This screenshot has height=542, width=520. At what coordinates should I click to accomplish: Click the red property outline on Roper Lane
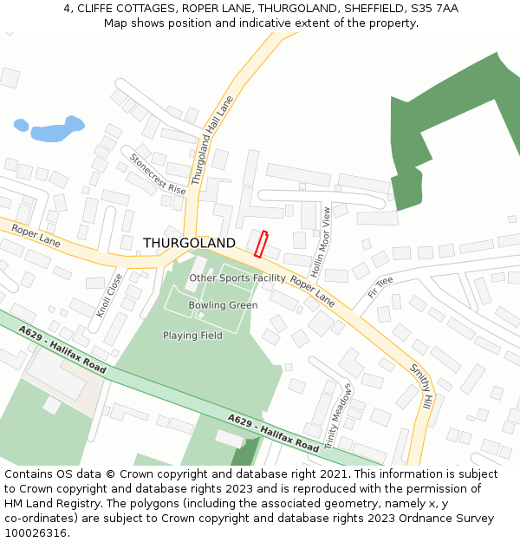tap(263, 244)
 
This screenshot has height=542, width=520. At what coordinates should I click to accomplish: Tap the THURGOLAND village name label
tap(189, 243)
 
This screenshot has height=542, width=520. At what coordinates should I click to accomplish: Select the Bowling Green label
tap(223, 305)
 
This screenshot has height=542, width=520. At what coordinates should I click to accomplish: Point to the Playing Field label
tap(192, 336)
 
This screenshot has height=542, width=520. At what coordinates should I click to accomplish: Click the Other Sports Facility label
tap(237, 278)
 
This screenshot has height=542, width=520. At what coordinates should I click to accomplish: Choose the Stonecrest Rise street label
tap(158, 173)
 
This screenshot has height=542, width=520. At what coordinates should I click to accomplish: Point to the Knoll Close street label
tap(110, 296)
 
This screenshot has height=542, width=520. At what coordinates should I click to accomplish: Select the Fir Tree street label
tap(380, 287)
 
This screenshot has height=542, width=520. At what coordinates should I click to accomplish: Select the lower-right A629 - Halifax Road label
tap(273, 432)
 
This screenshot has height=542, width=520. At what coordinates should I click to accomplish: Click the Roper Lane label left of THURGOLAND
tap(36, 236)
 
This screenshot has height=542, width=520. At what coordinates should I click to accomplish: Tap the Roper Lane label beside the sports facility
tap(312, 291)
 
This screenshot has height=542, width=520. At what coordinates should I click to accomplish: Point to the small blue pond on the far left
tap(22, 125)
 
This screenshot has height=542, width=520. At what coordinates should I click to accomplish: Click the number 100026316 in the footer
tap(36, 533)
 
